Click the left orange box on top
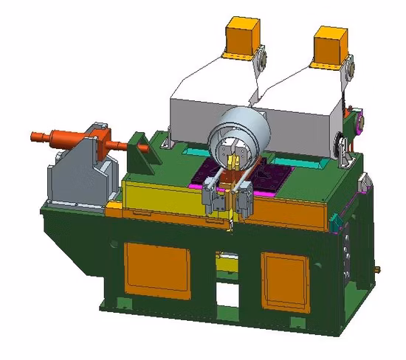240,37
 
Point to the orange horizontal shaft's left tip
35,136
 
